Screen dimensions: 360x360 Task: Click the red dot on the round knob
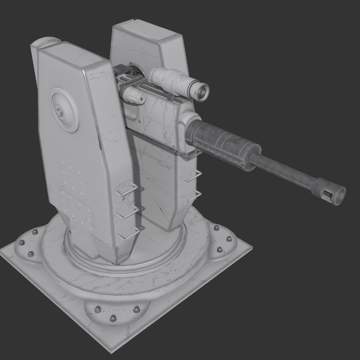tap(142, 99)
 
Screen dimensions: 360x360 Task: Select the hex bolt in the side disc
tap(60, 113)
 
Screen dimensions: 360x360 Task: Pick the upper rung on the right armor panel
tap(192, 176)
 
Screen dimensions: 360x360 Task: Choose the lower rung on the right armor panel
tap(192, 197)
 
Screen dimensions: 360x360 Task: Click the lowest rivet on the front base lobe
tap(113, 318)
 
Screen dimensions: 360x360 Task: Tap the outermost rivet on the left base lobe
tap(22, 243)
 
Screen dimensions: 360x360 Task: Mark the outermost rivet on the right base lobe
tap(229, 239)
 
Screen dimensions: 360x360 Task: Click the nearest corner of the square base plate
tap(111, 352)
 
